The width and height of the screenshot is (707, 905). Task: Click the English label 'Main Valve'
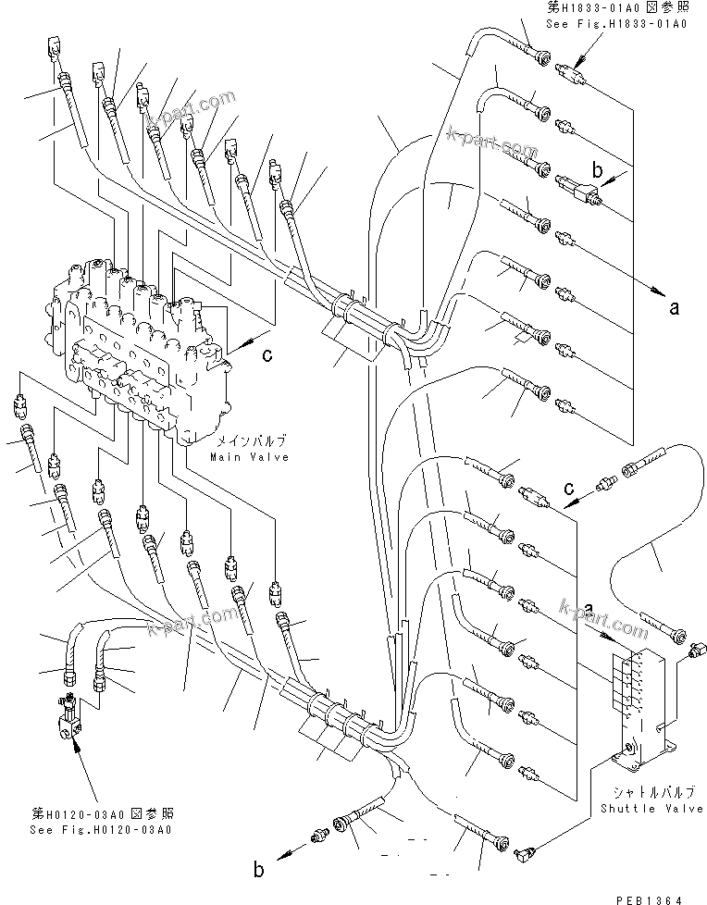(x=248, y=457)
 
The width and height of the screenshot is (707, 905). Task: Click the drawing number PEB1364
(x=670, y=896)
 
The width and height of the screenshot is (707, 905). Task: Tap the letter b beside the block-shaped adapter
(x=597, y=170)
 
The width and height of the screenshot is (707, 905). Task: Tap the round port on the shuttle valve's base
(x=630, y=747)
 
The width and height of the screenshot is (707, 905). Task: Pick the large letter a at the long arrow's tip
(x=673, y=306)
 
